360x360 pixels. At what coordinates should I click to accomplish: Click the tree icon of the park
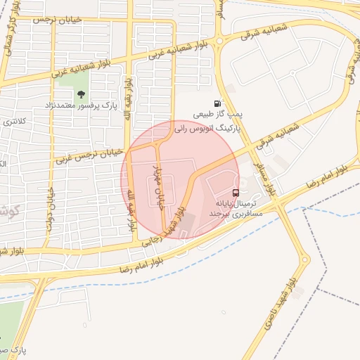tap(82, 94)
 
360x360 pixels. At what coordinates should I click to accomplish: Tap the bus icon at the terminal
tap(236, 192)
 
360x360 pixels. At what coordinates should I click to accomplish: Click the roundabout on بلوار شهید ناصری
tap(307, 262)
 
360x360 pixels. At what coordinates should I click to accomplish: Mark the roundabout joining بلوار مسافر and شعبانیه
tap(219, 41)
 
